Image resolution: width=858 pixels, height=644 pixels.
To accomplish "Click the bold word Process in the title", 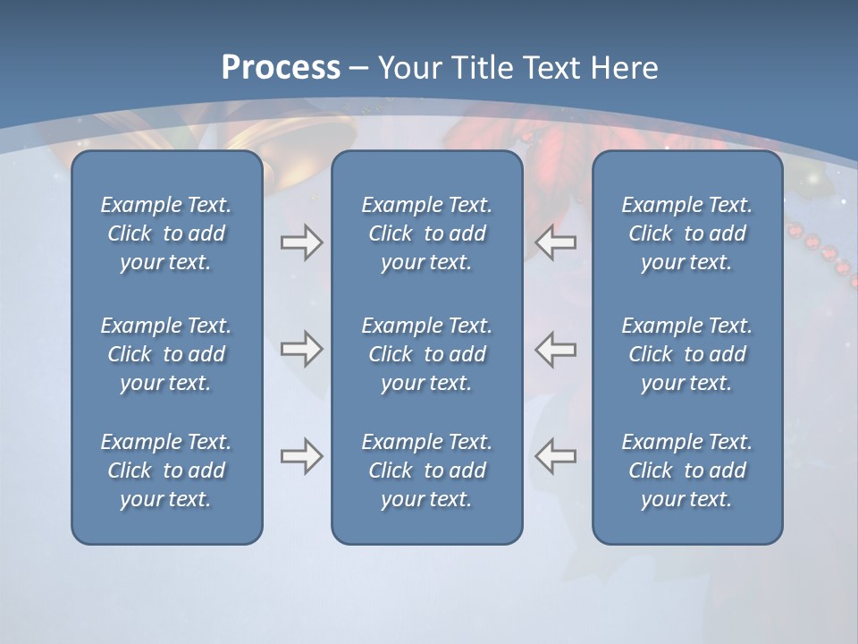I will pos(281,68).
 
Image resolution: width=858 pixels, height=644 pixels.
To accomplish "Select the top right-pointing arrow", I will pos(301,242).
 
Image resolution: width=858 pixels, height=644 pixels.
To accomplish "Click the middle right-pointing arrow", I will pos(301,348).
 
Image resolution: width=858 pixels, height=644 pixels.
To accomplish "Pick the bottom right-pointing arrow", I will pos(301,456).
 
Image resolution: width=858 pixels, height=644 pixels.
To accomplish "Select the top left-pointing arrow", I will pos(556,242).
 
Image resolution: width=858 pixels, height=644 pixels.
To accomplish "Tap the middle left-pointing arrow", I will pos(556,348).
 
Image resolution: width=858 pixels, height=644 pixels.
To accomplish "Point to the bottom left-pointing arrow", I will pos(556,456).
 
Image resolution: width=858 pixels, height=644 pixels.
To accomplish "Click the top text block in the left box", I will pos(166,233).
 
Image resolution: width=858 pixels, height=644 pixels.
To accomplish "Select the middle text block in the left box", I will pos(166,354).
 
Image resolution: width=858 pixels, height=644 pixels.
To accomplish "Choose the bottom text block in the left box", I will pos(166,470).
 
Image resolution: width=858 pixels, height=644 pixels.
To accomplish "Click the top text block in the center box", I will pos(427,233).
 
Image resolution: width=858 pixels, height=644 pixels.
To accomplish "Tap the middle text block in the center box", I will pos(427,354).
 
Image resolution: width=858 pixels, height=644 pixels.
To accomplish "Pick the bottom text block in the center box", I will pos(427,470).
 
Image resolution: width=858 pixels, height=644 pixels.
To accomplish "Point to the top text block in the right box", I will pos(687,233).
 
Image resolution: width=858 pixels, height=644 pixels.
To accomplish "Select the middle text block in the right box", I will pos(687,354).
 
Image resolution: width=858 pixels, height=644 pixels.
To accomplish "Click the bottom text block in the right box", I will pos(687,470).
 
